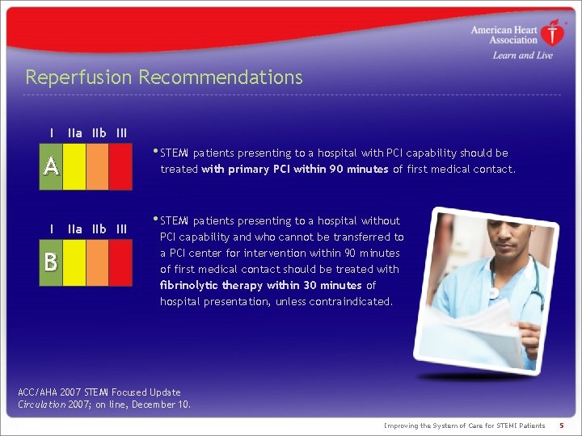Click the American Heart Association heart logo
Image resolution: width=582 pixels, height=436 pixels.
click(x=552, y=34)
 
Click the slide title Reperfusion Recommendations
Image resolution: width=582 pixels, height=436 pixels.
click(x=164, y=78)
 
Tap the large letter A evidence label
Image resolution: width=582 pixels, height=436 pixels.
click(x=51, y=166)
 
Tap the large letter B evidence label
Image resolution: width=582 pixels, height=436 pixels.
click(x=51, y=262)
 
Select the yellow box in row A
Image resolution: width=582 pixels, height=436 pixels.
click(x=74, y=166)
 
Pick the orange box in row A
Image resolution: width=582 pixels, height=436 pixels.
click(x=97, y=166)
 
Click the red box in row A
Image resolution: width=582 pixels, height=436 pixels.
click(x=120, y=166)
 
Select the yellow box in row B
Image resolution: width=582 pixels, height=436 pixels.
click(x=74, y=262)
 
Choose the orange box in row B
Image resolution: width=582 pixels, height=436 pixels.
click(x=97, y=262)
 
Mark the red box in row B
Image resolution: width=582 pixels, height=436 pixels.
click(x=120, y=262)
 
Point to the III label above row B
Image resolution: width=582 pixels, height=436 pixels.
click(x=121, y=229)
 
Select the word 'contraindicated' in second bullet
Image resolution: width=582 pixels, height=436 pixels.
click(x=352, y=301)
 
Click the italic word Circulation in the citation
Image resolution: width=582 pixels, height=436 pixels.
click(x=41, y=405)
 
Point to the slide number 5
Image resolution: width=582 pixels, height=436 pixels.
click(x=561, y=426)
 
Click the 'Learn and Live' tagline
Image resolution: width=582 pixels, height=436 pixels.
click(x=522, y=56)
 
